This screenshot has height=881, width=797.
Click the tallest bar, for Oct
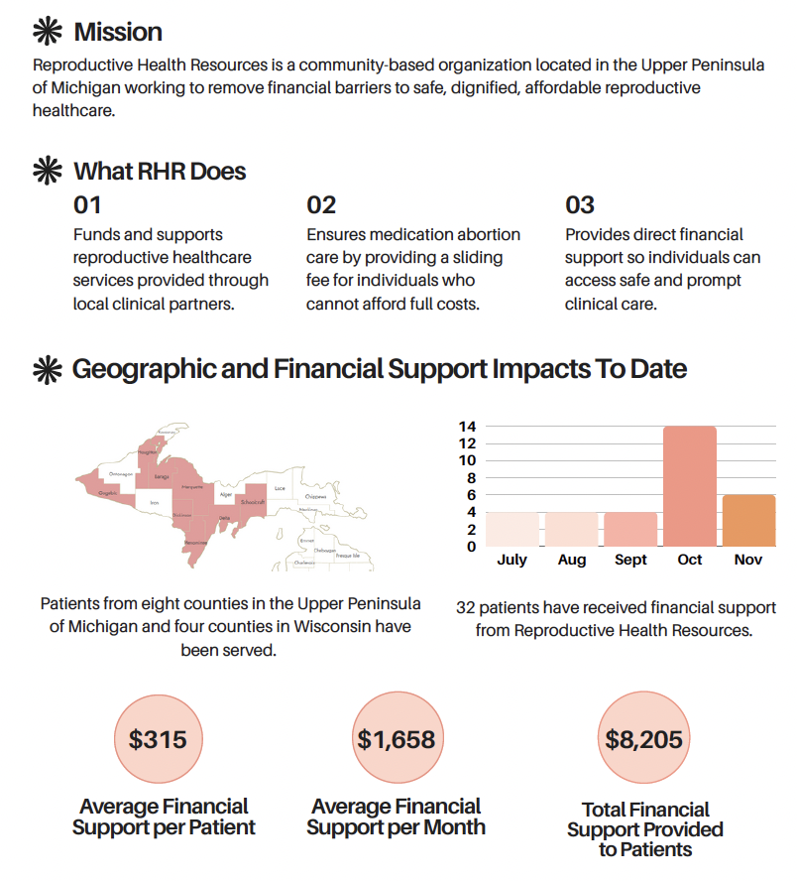(690, 486)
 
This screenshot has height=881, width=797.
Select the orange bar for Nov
(748, 520)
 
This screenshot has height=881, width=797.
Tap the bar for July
(512, 529)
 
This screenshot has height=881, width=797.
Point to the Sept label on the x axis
(630, 560)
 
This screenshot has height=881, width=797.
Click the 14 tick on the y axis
(467, 427)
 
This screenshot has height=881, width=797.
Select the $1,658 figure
(397, 739)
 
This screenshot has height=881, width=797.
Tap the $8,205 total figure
(644, 739)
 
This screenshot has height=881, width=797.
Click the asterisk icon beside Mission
(47, 32)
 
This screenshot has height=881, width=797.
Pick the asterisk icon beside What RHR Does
(47, 171)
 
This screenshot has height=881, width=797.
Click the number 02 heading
(321, 205)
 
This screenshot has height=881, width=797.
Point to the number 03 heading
(580, 205)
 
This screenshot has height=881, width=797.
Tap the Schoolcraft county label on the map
(252, 503)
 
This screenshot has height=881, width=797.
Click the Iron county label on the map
(154, 503)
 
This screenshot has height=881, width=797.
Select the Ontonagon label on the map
(120, 474)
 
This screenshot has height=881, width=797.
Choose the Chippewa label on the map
(315, 496)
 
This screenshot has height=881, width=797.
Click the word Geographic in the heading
(141, 369)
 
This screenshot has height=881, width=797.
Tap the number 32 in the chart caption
(466, 607)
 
